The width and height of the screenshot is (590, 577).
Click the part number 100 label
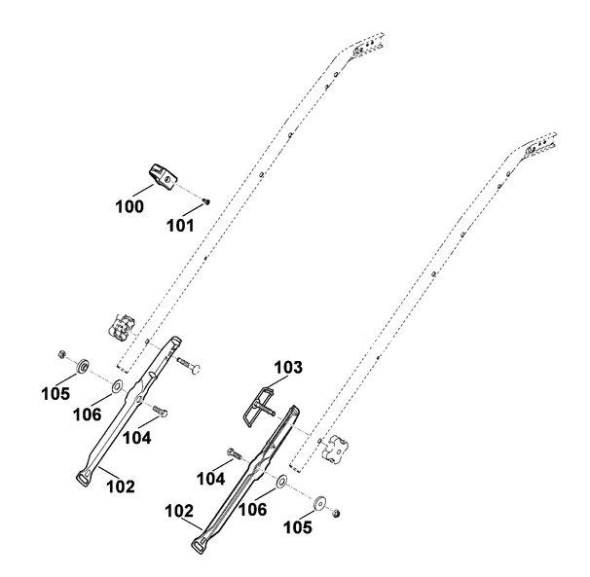[x=129, y=206]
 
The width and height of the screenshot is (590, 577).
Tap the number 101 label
[x=180, y=226]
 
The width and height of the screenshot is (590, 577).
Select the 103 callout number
[x=288, y=368]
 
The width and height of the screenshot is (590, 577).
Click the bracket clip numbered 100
[x=163, y=176]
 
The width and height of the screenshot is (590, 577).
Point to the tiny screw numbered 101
[x=206, y=202]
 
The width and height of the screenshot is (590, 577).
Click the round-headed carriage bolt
[x=189, y=366]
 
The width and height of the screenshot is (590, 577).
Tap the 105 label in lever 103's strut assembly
[x=298, y=527]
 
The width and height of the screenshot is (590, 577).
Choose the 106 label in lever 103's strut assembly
[x=253, y=510]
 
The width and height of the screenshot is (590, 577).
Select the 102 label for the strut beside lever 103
[x=179, y=511]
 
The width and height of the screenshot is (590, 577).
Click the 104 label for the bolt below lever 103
[x=210, y=479]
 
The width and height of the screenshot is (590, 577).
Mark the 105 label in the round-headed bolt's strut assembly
[x=55, y=394]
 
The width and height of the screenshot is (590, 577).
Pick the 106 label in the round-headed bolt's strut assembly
[x=87, y=415]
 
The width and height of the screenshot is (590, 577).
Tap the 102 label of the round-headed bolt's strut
[x=121, y=487]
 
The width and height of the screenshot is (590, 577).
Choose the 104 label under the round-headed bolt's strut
[x=137, y=438]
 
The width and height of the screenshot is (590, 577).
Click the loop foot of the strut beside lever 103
[x=199, y=545]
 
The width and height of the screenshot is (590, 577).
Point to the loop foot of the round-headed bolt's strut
[x=83, y=479]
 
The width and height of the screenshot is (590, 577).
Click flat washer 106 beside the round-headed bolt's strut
[x=118, y=385]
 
